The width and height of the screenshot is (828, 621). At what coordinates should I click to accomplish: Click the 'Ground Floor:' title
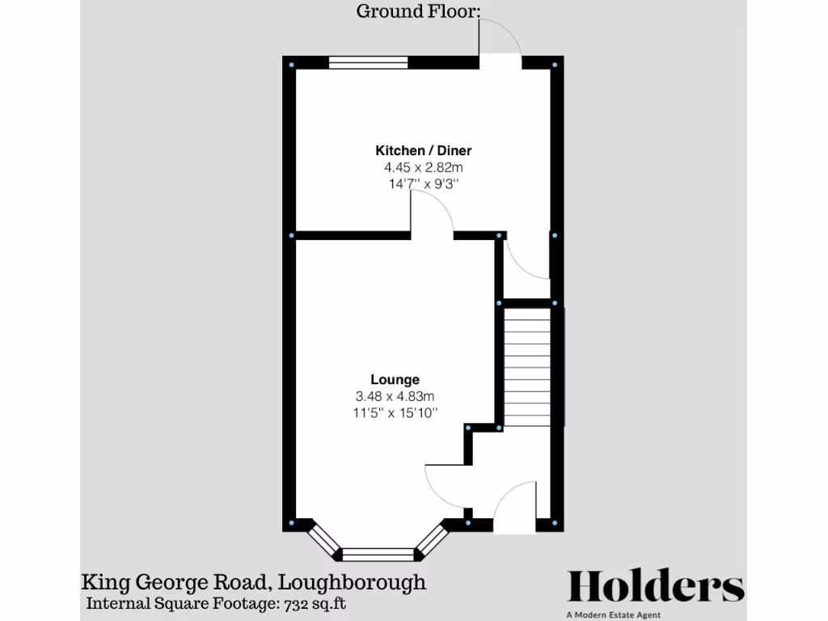click(x=418, y=11)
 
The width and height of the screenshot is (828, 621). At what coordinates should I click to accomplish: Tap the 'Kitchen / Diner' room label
click(x=423, y=150)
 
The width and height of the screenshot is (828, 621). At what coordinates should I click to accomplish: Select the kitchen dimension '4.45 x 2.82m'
click(x=423, y=167)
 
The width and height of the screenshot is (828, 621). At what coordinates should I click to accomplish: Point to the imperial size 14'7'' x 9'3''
click(x=423, y=184)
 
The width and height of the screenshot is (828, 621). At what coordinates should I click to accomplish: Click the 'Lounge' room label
click(x=395, y=379)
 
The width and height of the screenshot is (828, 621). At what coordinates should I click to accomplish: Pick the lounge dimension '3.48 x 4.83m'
click(x=395, y=396)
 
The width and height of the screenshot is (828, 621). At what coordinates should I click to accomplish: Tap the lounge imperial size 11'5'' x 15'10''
click(x=395, y=413)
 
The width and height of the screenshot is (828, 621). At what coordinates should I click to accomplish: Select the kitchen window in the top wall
click(x=368, y=62)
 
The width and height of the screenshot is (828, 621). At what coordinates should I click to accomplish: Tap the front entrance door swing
click(x=514, y=508)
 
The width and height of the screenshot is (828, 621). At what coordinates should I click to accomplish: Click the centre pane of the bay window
click(x=378, y=554)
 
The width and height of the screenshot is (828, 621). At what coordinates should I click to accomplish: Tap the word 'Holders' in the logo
click(x=655, y=586)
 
